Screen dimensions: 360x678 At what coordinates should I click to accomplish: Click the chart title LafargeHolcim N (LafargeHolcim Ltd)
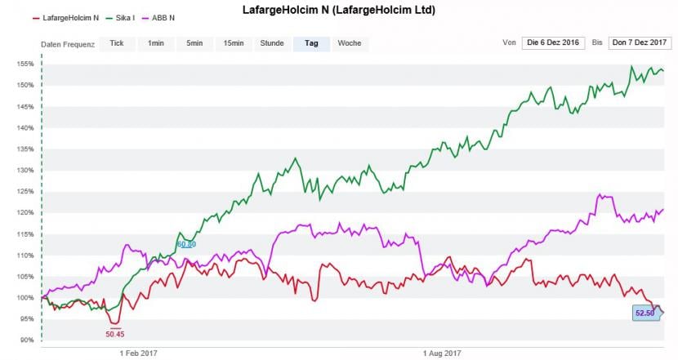tap(338, 11)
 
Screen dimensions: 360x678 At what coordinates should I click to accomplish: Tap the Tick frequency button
tap(117, 43)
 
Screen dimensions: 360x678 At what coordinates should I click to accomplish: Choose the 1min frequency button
tap(156, 43)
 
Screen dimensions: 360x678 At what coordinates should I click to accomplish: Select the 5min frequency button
tap(194, 43)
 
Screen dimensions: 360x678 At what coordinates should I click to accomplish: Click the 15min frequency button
tap(234, 43)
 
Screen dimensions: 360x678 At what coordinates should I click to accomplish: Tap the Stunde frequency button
tap(272, 43)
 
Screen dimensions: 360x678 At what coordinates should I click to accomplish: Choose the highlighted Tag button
tap(311, 43)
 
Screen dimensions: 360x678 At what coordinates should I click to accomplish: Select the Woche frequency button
tap(349, 43)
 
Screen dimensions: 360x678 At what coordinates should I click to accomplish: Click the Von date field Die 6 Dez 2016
tap(554, 43)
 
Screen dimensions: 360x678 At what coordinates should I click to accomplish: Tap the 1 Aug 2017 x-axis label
tap(443, 353)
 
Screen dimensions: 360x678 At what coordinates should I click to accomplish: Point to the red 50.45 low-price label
tap(115, 333)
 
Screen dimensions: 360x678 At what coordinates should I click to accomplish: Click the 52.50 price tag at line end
tap(645, 313)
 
